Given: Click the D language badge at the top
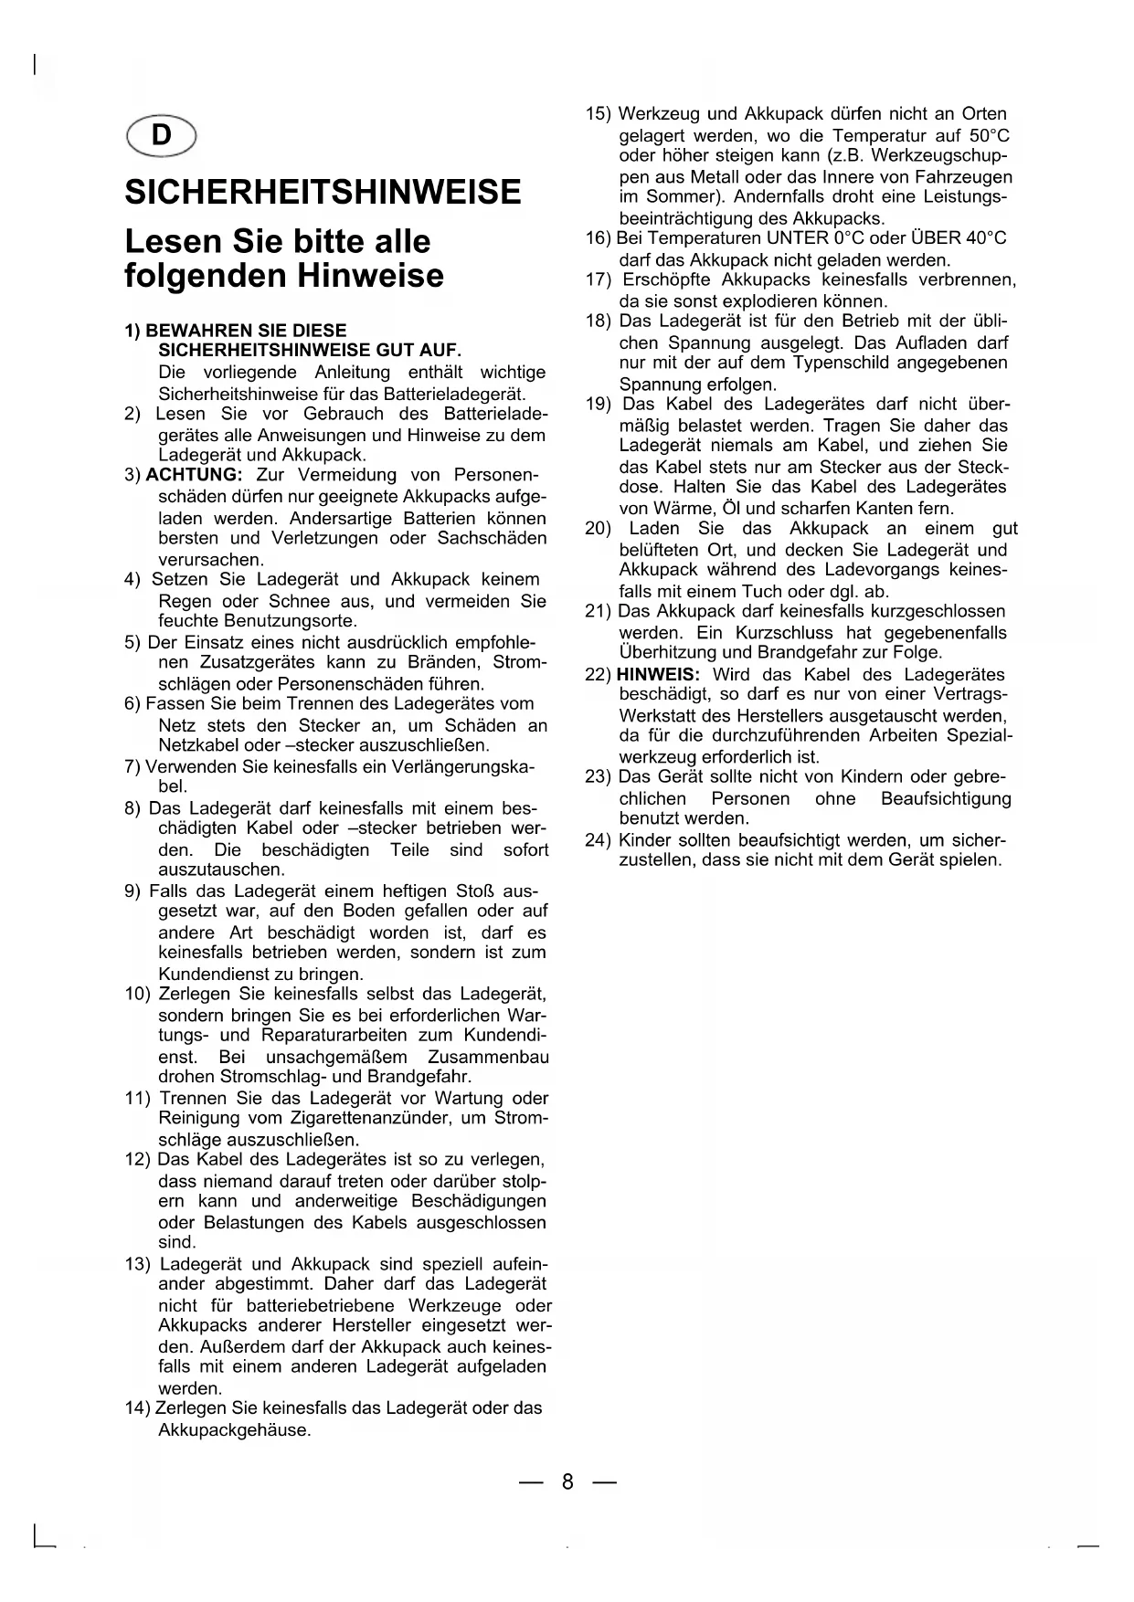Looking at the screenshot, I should point(162,135).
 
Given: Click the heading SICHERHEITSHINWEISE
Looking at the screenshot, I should point(323,192).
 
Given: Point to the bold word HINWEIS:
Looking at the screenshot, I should point(659,675).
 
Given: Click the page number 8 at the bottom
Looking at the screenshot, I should point(567,1481).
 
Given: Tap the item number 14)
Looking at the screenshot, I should point(138,1408).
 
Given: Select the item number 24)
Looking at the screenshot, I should point(599,840).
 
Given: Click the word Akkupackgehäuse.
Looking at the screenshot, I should point(235,1429).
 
